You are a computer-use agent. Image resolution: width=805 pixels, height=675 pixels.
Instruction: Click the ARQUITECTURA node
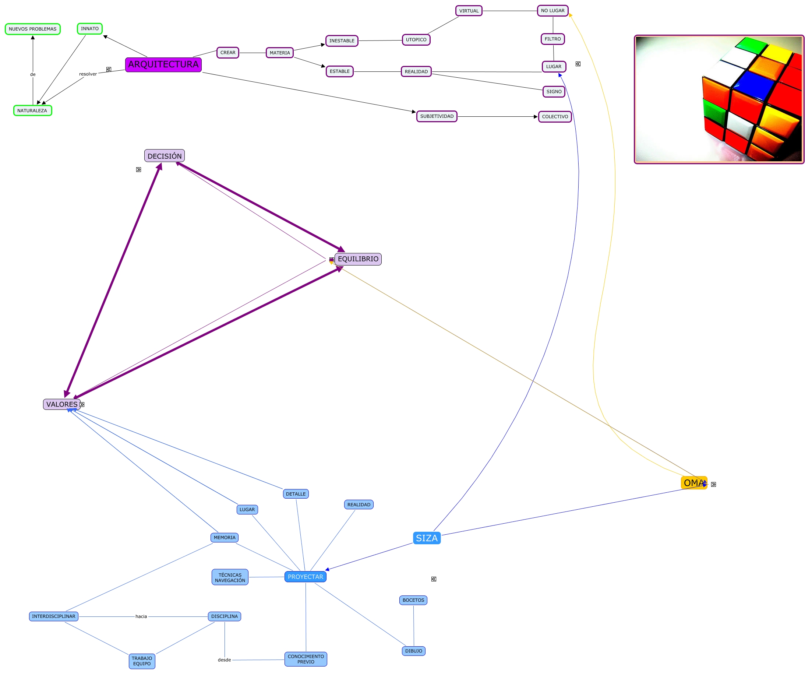[163, 64]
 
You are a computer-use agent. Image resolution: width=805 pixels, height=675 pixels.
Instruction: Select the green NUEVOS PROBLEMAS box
[33, 29]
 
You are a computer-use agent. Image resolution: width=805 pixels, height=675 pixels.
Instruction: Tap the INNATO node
[90, 29]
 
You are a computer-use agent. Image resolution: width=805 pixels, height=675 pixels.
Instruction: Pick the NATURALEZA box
[33, 111]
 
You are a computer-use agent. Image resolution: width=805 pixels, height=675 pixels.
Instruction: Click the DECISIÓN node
[165, 156]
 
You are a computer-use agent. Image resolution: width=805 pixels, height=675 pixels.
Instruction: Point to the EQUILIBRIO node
[358, 259]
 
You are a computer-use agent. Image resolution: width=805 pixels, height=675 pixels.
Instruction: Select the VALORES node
[62, 405]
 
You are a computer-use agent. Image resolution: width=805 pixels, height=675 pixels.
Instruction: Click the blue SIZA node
[427, 538]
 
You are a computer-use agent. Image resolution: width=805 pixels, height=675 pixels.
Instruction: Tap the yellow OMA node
[694, 483]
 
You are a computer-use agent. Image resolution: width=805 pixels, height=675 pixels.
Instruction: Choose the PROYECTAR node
[306, 577]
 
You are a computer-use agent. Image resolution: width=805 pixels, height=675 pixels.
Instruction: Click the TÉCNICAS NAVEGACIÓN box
[230, 577]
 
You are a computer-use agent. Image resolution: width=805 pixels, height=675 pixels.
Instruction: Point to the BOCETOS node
[413, 601]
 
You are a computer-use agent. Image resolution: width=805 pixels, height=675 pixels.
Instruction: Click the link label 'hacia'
[141, 617]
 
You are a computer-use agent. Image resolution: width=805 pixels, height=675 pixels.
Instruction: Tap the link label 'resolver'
[88, 74]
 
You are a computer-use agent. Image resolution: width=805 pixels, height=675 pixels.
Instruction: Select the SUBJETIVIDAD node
[437, 117]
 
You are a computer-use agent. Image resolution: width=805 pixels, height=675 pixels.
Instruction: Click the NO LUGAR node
[553, 11]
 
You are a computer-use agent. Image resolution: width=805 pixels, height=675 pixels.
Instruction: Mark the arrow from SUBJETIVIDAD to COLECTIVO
[498, 117]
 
